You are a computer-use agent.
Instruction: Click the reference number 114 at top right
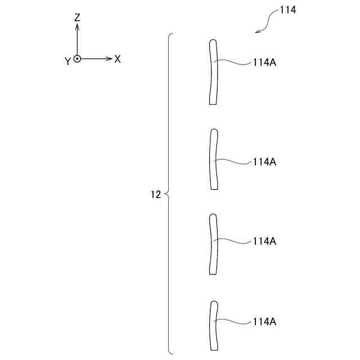point(287,10)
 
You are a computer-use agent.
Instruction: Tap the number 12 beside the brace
point(156,195)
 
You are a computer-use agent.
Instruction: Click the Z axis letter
point(77,17)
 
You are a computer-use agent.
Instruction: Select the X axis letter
point(118,58)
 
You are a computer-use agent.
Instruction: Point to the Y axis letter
point(67,61)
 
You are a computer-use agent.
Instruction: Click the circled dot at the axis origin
point(77,58)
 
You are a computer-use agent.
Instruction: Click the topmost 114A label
point(264,64)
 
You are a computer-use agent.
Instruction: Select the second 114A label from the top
point(264,161)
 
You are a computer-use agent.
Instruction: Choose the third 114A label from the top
point(264,241)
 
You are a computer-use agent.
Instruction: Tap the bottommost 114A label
point(264,322)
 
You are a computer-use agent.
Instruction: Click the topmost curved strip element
point(213,72)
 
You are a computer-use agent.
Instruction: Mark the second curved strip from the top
point(213,160)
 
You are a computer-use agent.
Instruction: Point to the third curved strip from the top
point(213,244)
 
